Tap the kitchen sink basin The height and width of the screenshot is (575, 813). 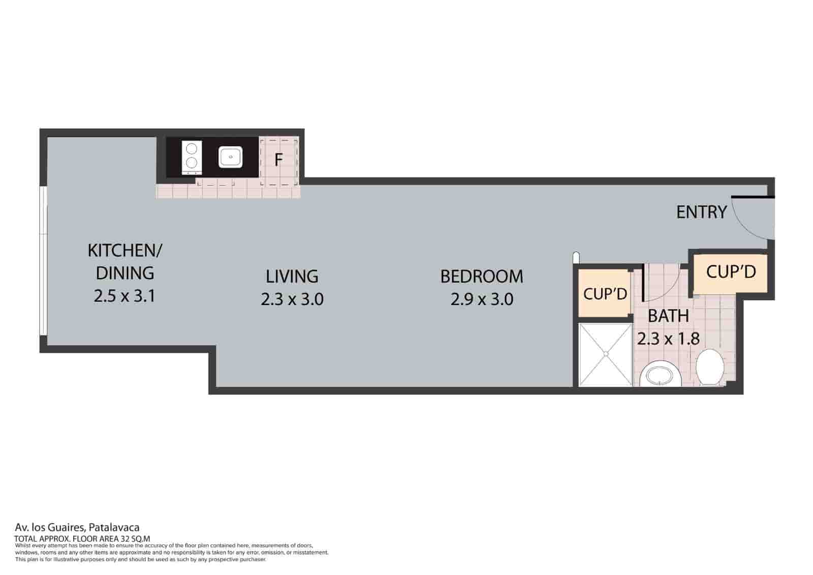click(231, 157)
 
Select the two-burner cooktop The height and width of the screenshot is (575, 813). click(192, 156)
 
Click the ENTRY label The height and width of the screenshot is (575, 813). click(701, 212)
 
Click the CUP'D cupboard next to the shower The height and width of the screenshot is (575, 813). click(605, 294)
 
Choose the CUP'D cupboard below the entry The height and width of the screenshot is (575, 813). click(731, 272)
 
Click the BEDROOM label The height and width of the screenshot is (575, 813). click(481, 277)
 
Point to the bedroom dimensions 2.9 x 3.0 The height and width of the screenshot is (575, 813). click(481, 299)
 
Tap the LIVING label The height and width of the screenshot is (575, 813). click(292, 277)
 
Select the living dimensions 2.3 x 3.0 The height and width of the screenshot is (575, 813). click(292, 299)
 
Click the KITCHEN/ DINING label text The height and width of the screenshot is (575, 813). click(125, 261)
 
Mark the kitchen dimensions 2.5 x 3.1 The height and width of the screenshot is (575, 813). click(124, 296)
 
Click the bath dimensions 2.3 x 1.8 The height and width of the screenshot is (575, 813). click(668, 339)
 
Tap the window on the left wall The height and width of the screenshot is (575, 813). click(44, 261)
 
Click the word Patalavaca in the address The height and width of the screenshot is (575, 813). click(114, 528)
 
